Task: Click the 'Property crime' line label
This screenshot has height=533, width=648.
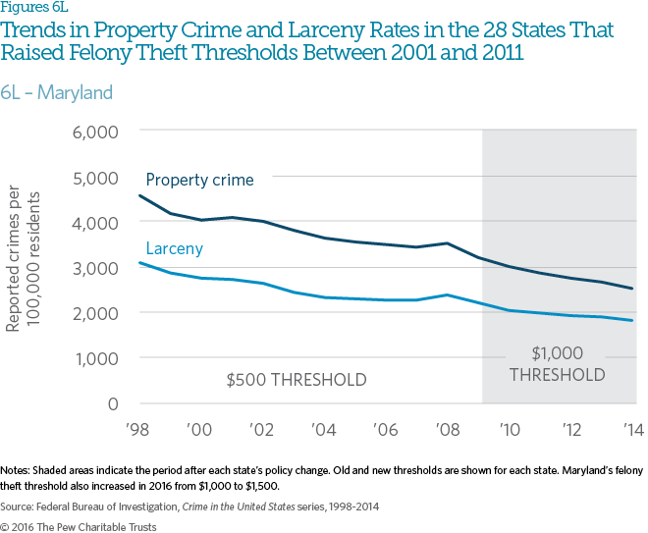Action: click(x=199, y=180)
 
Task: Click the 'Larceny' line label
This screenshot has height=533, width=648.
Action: click(x=174, y=248)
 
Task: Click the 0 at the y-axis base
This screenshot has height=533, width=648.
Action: click(x=113, y=403)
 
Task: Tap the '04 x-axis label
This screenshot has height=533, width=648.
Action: click(x=322, y=431)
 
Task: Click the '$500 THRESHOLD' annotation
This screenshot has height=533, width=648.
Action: click(x=296, y=379)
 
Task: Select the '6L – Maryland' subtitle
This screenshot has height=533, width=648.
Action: click(x=57, y=93)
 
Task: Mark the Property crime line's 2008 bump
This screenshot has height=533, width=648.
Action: click(x=447, y=243)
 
